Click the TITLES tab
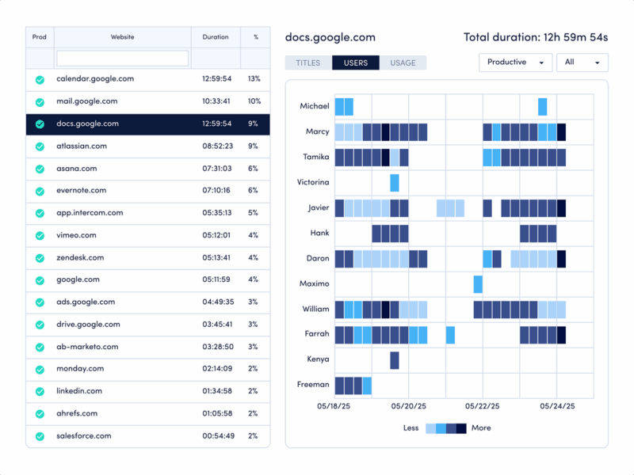[x=308, y=63]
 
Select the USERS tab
[x=355, y=63]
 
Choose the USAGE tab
[x=403, y=63]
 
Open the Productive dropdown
[x=515, y=63]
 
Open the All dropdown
[x=582, y=63]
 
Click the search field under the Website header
[x=122, y=59]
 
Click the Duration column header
[x=215, y=37]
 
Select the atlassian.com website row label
[x=88, y=146]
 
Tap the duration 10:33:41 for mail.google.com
[x=216, y=101]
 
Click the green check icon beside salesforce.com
[x=40, y=436]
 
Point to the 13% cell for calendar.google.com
[x=254, y=79]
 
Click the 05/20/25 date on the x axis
[x=409, y=406]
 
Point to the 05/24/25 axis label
[x=557, y=406]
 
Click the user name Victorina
[x=312, y=182]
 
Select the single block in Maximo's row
[x=478, y=284]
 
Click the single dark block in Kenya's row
[x=394, y=360]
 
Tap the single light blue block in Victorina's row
[x=394, y=183]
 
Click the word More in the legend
[x=481, y=428]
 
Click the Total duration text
[x=536, y=37]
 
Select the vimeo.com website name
[x=76, y=235]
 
